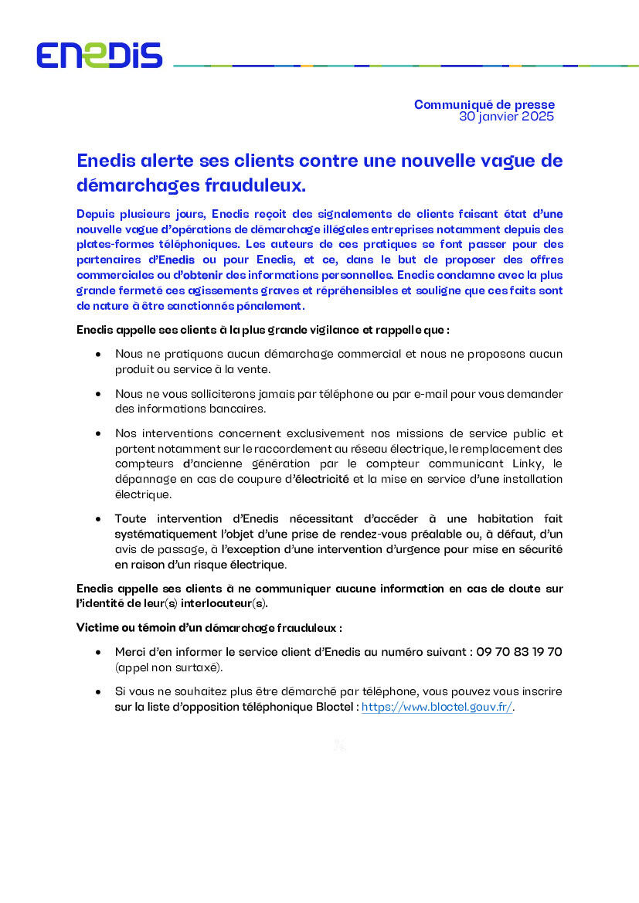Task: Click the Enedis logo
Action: click(x=99, y=55)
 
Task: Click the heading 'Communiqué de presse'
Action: click(x=484, y=104)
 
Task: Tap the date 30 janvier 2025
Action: click(x=506, y=117)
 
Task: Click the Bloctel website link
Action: click(x=437, y=707)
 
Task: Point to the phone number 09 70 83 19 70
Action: click(x=519, y=652)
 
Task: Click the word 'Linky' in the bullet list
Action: click(x=529, y=463)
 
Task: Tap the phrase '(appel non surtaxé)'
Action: click(x=169, y=667)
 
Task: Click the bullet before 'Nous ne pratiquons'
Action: click(x=97, y=354)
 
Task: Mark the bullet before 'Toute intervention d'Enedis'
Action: click(x=97, y=518)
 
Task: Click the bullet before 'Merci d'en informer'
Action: click(x=97, y=652)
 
